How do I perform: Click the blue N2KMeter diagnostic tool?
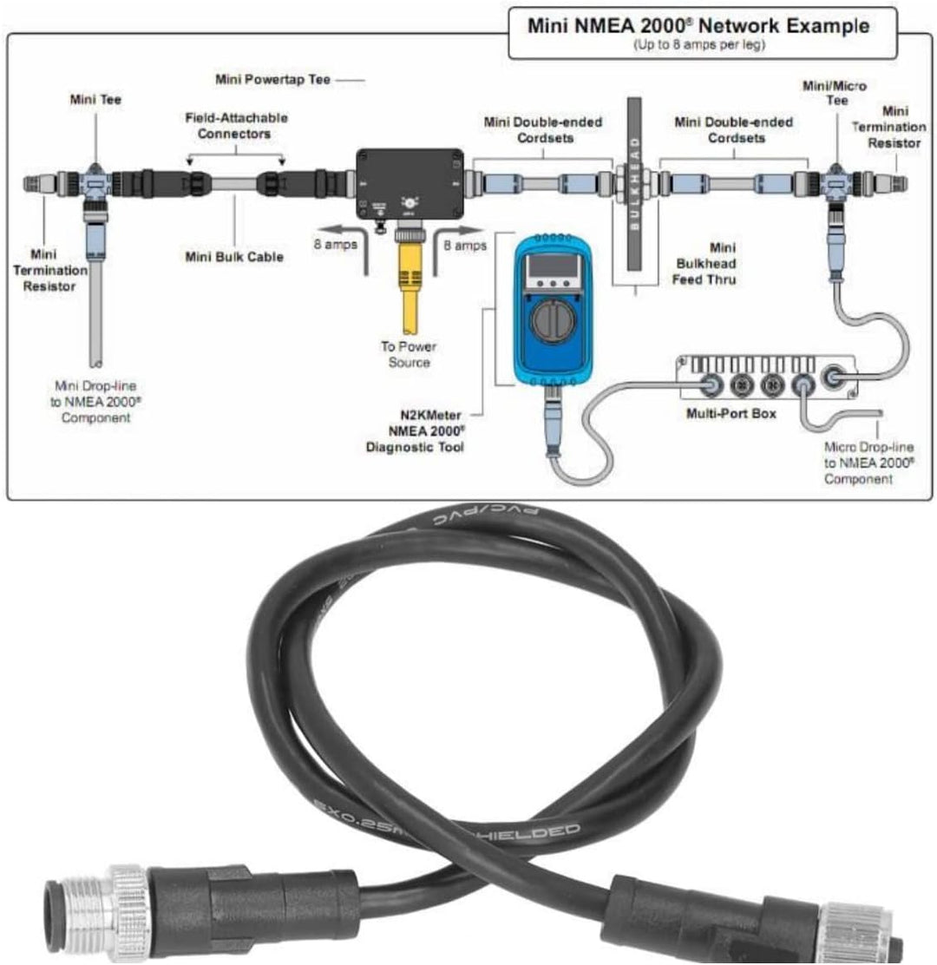(552, 312)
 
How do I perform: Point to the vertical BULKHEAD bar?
(634, 182)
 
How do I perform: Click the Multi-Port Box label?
(731, 414)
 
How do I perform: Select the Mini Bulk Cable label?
(234, 257)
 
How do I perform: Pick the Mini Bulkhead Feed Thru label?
(704, 264)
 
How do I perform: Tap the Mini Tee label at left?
(95, 100)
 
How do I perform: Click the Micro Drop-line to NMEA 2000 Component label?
(868, 463)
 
